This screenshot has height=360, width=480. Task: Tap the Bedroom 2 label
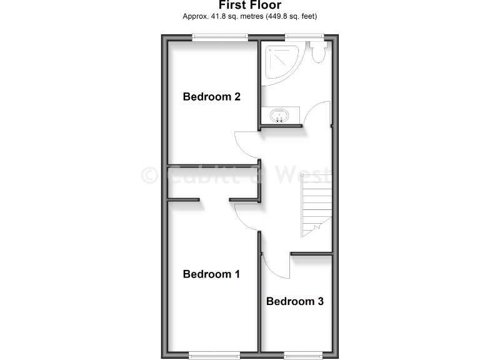pyautogui.click(x=212, y=97)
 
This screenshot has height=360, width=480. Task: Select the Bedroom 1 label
pyautogui.click(x=212, y=274)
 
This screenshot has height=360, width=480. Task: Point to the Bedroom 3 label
pyautogui.click(x=295, y=301)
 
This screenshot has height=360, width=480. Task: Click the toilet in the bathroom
pyautogui.click(x=317, y=51)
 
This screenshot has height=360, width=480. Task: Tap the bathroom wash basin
pyautogui.click(x=279, y=116)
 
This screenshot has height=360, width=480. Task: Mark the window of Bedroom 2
pyautogui.click(x=221, y=37)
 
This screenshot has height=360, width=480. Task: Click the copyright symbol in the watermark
pyautogui.click(x=149, y=175)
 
